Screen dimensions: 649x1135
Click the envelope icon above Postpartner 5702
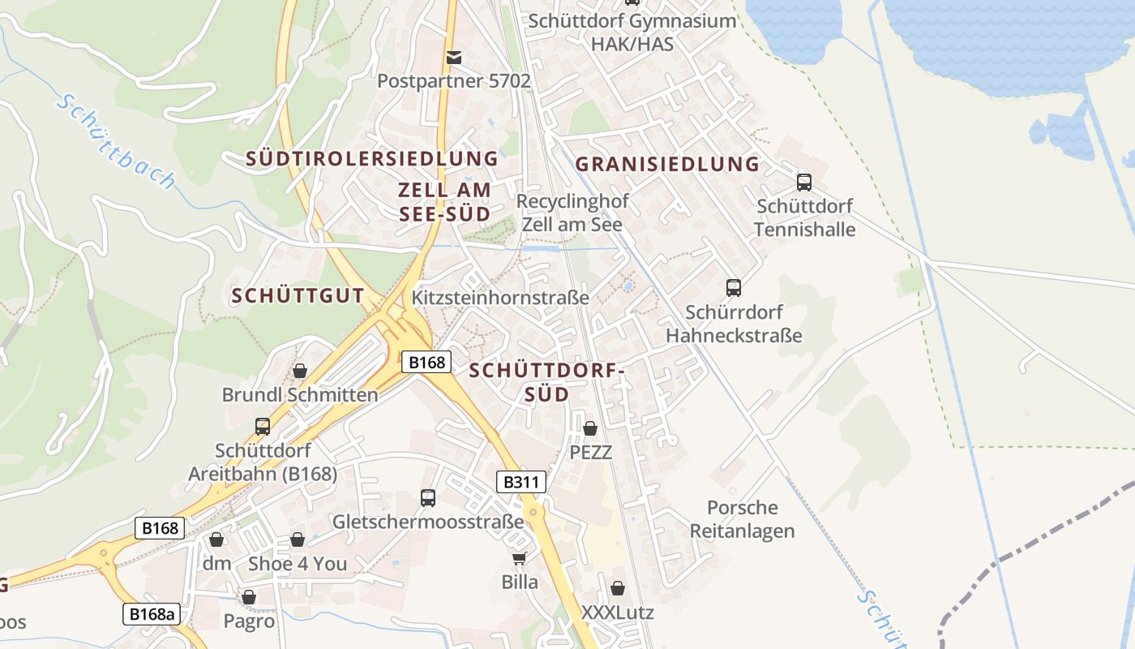(x=453, y=57)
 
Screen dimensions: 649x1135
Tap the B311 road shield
(x=520, y=483)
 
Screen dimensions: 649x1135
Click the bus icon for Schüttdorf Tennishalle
(x=804, y=183)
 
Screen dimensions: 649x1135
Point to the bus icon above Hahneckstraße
(x=734, y=288)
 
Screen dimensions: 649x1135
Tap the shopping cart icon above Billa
(x=520, y=558)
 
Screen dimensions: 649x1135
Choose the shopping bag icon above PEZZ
(x=590, y=428)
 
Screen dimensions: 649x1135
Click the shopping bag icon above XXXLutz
(x=618, y=588)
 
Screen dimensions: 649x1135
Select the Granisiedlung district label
(x=667, y=165)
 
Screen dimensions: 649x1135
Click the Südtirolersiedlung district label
(x=372, y=159)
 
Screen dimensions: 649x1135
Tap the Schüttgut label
(x=298, y=296)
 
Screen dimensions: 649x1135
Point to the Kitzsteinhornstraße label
(x=500, y=298)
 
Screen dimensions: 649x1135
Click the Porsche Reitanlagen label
(x=742, y=519)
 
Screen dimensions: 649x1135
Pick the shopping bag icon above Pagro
(x=249, y=598)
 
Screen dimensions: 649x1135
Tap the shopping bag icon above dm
(x=216, y=539)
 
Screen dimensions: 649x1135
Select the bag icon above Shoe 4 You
(x=298, y=539)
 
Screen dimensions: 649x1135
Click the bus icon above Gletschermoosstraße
(x=428, y=498)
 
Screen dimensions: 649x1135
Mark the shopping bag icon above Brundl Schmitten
(x=300, y=371)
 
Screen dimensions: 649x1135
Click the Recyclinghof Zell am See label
(x=572, y=213)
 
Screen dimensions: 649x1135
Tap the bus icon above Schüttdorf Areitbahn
(x=263, y=426)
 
